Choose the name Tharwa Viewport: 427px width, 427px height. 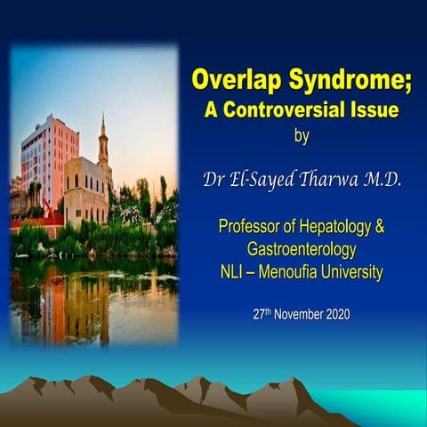[337, 181]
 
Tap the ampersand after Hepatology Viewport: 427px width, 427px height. [381, 226]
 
